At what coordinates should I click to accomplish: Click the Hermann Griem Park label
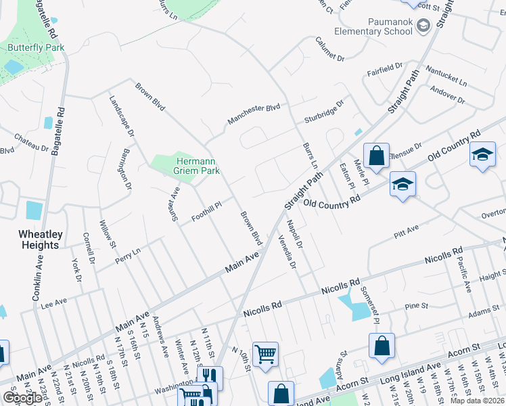click(x=198, y=166)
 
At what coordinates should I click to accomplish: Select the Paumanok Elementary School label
click(x=390, y=26)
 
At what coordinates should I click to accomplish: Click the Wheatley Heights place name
click(x=40, y=240)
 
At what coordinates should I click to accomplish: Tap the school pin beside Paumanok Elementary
click(x=423, y=26)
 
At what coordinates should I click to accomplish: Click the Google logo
click(x=22, y=398)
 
